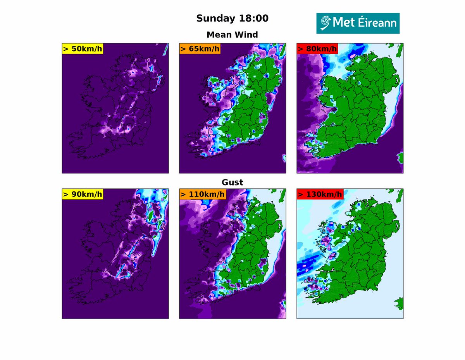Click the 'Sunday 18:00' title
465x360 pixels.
[x=232, y=18]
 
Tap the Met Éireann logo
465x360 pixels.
[x=358, y=23]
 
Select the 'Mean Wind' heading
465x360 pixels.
[x=232, y=34]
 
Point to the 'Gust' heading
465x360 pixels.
[x=232, y=182]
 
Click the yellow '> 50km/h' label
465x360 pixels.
[x=82, y=49]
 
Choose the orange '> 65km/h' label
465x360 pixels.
[x=200, y=49]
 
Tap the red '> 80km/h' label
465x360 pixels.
[x=317, y=49]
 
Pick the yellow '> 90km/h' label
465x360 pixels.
[x=82, y=194]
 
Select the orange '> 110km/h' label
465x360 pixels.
[x=202, y=194]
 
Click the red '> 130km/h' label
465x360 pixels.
[x=319, y=194]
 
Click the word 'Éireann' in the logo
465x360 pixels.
[x=376, y=23]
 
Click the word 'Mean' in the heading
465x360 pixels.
[x=220, y=34]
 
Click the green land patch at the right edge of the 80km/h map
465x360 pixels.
[x=401, y=157]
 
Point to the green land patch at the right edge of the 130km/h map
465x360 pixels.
[x=401, y=302]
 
